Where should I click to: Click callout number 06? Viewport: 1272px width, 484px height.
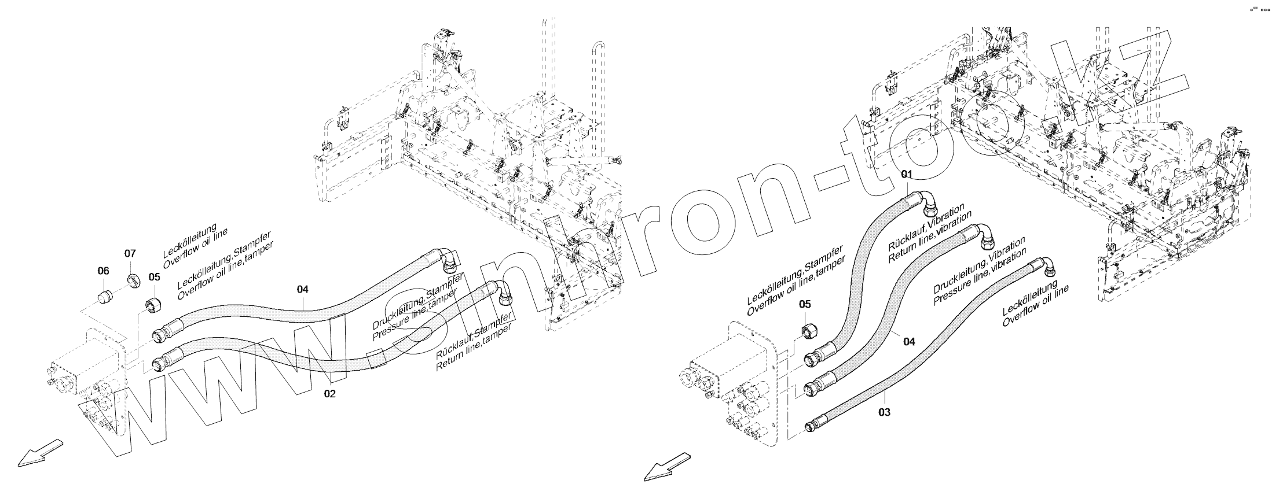tap(102, 270)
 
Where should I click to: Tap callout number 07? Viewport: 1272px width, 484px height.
tap(130, 254)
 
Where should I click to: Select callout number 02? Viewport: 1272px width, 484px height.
tap(329, 394)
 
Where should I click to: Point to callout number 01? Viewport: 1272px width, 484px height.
tap(906, 174)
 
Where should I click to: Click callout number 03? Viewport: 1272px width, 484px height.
tap(884, 412)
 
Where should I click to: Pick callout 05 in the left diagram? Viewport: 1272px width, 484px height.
tap(153, 277)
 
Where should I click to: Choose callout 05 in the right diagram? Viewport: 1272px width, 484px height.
tap(805, 305)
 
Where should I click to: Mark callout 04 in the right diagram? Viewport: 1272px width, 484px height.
tap(910, 342)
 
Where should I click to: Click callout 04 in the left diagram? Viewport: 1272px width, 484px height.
tap(303, 289)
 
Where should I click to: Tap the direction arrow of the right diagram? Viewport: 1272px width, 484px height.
tap(666, 465)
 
